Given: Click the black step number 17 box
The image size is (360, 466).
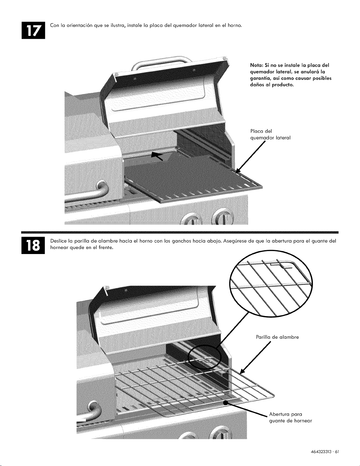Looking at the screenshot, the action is pyautogui.click(x=33, y=30).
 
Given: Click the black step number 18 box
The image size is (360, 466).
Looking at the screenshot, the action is pyautogui.click(x=33, y=245).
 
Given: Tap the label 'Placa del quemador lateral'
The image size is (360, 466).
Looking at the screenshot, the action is pyautogui.click(x=270, y=134).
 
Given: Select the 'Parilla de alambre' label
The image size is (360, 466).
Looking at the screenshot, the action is pyautogui.click(x=277, y=337).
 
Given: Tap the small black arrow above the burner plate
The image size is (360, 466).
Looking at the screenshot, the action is pyautogui.click(x=157, y=156).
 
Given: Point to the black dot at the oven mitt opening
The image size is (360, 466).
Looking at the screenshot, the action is pyautogui.click(x=225, y=402).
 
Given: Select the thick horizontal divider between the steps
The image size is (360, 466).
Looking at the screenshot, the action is pyautogui.click(x=180, y=232).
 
